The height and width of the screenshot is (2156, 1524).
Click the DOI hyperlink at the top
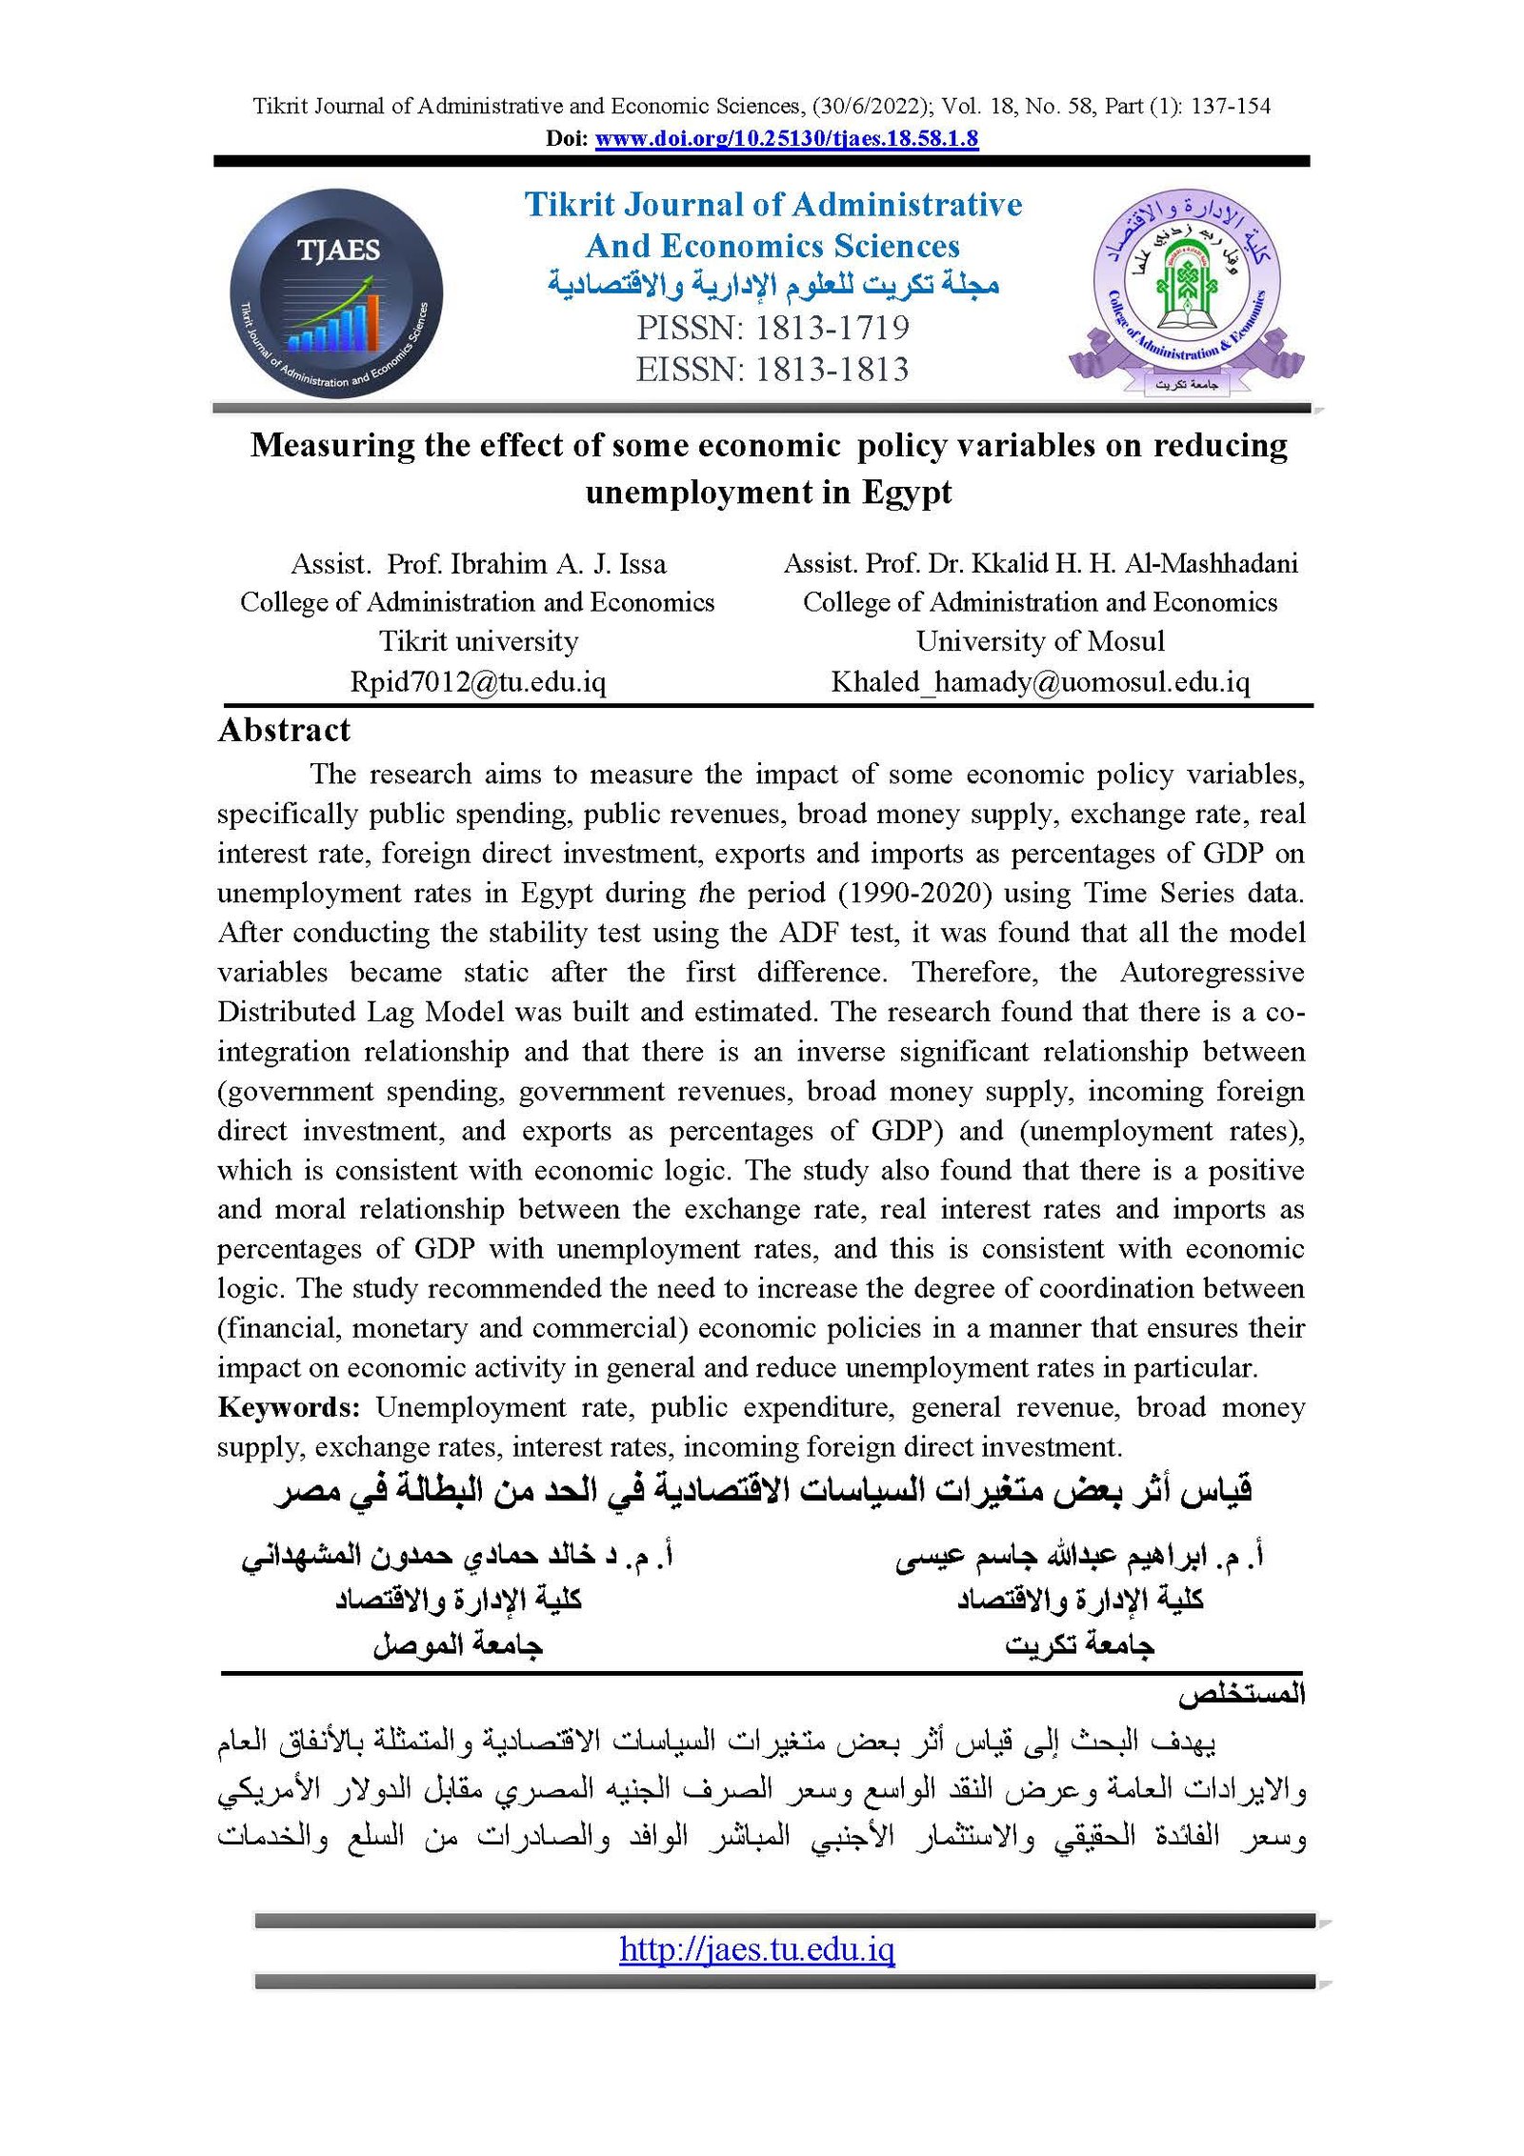[786, 138]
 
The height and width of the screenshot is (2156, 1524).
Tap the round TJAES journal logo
[336, 293]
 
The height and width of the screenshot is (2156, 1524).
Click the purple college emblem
[1186, 292]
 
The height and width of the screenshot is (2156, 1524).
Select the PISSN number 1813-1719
[832, 328]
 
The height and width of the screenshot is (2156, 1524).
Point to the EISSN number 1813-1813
[832, 370]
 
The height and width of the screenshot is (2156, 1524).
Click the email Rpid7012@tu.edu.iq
[477, 682]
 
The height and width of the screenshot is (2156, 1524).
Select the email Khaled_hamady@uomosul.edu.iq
[1040, 682]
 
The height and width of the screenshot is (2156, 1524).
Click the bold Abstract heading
[284, 730]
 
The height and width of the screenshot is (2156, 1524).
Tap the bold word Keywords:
[288, 1407]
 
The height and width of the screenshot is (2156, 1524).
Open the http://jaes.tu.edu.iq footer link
[756, 1948]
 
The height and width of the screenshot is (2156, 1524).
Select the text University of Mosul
[1040, 641]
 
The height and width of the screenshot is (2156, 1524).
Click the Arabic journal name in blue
[772, 285]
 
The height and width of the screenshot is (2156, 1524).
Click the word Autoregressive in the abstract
[1212, 972]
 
